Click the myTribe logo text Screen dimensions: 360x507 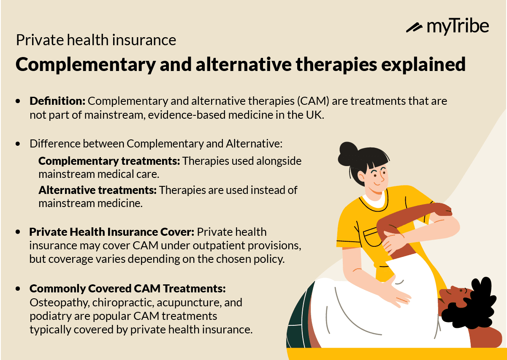point(458,26)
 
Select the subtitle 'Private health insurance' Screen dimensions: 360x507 point(96,40)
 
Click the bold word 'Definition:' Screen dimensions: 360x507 point(57,101)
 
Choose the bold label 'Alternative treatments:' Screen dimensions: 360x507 point(98,190)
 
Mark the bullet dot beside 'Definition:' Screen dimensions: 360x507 point(18,102)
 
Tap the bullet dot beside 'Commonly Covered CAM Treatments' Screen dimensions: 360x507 point(18,289)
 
